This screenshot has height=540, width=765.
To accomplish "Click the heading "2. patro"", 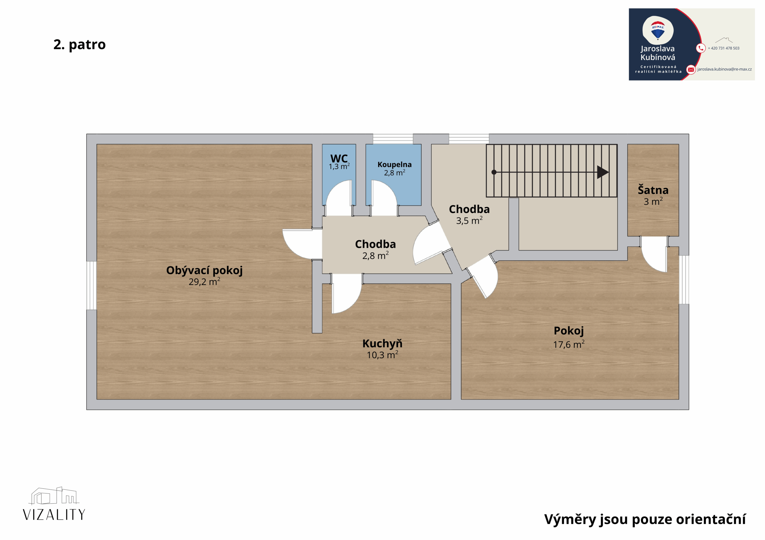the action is tap(79, 44).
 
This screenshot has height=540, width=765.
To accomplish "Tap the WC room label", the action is tap(339, 158).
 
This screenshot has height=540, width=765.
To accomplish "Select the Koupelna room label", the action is tap(394, 164).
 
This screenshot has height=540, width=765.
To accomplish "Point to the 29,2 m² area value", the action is tap(204, 281).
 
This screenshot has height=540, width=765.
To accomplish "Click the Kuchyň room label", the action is tap(382, 343).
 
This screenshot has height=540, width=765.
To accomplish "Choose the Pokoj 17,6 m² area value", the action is tap(569, 344).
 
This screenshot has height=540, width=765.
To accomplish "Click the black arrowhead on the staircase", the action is tap(603, 172).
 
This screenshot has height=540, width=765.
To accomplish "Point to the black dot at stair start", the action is tap(494, 172).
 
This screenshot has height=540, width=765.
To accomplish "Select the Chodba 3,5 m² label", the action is tap(469, 209).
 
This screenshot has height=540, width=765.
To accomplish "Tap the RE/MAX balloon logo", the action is tap(658, 30).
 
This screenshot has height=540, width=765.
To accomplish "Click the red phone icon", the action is tap(701, 48).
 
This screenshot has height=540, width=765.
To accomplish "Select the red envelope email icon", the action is tap(691, 70).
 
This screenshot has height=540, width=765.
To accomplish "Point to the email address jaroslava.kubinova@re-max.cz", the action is tap(724, 69).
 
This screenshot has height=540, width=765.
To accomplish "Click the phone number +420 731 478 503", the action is tap(723, 48).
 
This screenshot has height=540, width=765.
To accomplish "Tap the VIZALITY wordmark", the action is tap(54, 514).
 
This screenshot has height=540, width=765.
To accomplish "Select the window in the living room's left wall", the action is tap(92, 286).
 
